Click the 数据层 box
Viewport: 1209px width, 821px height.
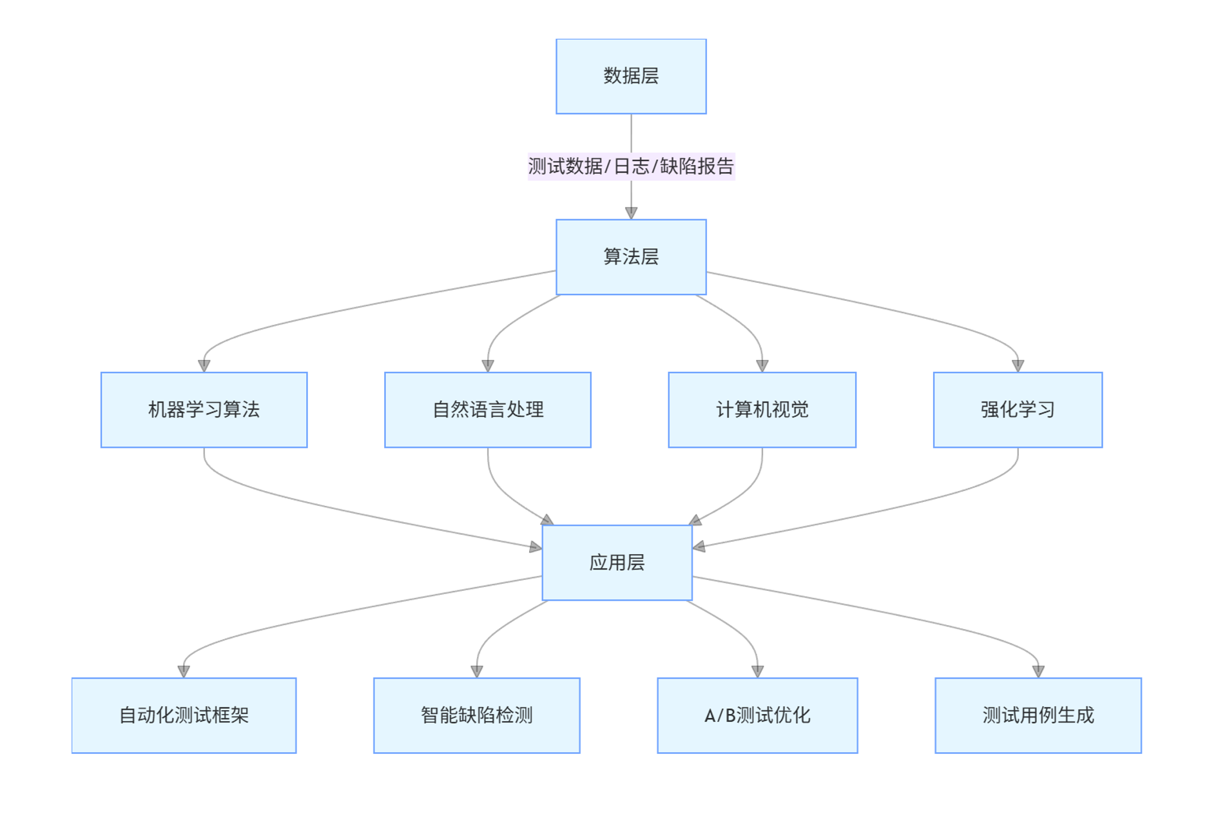[x=631, y=76]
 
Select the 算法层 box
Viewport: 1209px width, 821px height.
[x=631, y=257]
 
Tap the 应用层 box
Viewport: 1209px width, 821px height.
[x=617, y=563]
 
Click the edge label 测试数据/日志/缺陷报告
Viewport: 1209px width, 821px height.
[x=631, y=166]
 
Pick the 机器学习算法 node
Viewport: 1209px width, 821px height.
[x=204, y=410]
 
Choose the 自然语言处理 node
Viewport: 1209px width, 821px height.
[x=488, y=410]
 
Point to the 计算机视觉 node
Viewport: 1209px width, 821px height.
[x=762, y=410]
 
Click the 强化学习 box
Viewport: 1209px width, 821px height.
[x=1018, y=410]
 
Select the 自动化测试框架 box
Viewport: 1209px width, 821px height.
[x=184, y=715]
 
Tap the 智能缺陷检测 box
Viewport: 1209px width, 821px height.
[x=477, y=715]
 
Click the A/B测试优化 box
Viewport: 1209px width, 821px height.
[x=757, y=715]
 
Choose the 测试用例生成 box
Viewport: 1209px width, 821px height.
[x=1038, y=715]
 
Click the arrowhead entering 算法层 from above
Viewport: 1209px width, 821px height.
[x=631, y=213]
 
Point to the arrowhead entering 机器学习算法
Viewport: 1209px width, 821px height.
[x=204, y=366]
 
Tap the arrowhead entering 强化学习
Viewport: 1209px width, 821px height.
[x=1018, y=366]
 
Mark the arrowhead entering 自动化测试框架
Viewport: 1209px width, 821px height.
[x=184, y=671]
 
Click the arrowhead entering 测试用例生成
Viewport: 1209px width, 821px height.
[x=1038, y=671]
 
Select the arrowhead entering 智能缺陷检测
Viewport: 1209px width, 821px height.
[x=477, y=671]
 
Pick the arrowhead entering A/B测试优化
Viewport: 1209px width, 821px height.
[x=757, y=671]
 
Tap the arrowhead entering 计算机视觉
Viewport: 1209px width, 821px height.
[x=762, y=366]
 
